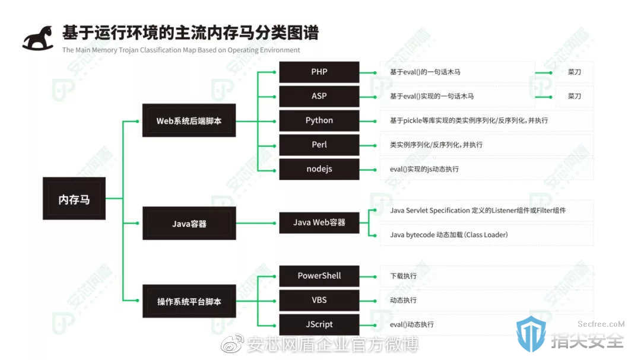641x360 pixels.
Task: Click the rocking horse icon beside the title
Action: pos(38,39)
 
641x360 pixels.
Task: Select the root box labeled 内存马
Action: pos(74,199)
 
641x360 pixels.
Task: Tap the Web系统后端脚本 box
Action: pos(189,120)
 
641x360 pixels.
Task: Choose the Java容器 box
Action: pos(189,223)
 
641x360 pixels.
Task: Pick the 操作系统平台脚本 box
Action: pos(189,301)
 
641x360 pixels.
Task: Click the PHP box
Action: pos(319,72)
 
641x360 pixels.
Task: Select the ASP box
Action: pos(319,96)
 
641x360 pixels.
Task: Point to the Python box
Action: pos(319,120)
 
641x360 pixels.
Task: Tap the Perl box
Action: pos(319,145)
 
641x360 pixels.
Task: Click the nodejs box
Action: pos(319,169)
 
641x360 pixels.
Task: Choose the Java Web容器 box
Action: pos(319,222)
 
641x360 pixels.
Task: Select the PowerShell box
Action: pos(319,276)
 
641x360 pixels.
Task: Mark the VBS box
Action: pos(319,300)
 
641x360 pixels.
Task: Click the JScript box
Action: pos(319,324)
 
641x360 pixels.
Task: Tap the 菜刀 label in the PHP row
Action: pos(575,72)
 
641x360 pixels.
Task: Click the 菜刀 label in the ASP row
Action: pos(575,96)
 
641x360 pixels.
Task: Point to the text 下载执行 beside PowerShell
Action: pos(404,276)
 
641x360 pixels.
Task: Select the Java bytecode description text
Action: pos(449,234)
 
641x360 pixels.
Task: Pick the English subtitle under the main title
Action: pos(181,50)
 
